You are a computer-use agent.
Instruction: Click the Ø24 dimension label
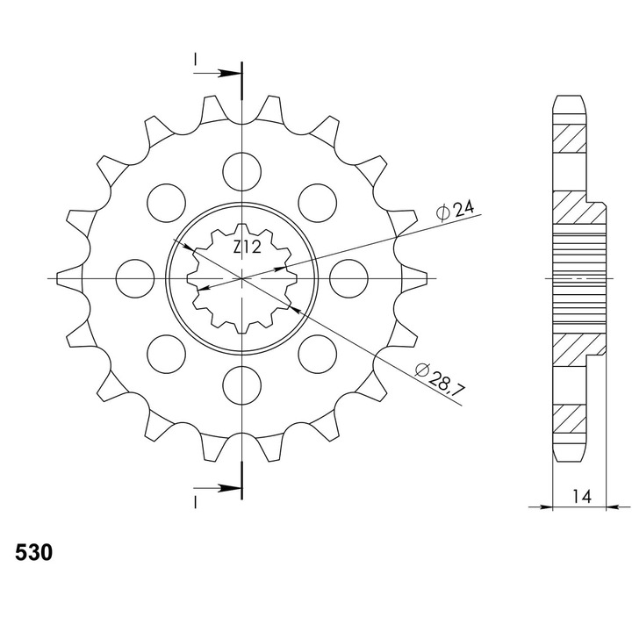455,210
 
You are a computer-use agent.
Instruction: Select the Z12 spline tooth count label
247,247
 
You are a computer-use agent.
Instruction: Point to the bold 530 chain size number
34,552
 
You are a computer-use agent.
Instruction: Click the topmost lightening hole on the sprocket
242,172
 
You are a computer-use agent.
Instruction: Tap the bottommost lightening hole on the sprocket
242,385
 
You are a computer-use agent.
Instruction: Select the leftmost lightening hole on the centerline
135,278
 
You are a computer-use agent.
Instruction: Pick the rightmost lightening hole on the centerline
348,278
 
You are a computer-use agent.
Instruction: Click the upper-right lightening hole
317,203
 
